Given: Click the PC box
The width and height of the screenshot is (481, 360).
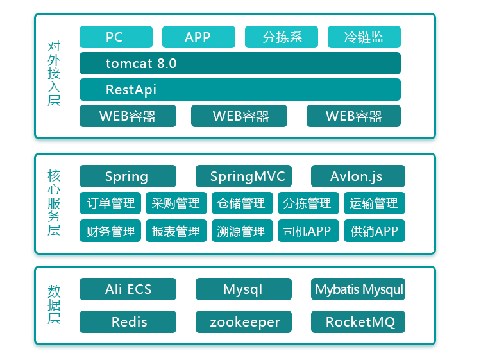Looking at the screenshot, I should (x=116, y=37).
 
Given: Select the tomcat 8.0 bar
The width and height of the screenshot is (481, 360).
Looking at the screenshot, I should (x=240, y=64).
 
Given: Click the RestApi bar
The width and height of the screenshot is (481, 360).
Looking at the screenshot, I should (x=240, y=90).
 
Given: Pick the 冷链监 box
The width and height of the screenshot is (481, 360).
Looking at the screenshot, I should (x=364, y=37).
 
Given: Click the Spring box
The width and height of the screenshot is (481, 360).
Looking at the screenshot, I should (x=128, y=176).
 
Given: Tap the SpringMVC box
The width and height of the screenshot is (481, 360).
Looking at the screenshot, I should (x=243, y=176).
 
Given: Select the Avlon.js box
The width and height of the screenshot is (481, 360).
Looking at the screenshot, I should (x=358, y=176).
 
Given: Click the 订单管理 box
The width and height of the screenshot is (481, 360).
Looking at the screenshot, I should (x=111, y=203).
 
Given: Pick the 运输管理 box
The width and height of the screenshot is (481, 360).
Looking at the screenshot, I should (x=375, y=203).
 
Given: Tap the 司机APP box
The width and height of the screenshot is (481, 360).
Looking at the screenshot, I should (x=308, y=231).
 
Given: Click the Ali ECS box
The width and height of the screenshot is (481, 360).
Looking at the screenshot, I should (x=128, y=289).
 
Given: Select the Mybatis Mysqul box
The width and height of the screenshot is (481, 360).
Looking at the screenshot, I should (x=358, y=289).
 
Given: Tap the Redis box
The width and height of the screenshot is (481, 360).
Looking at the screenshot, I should (x=128, y=321).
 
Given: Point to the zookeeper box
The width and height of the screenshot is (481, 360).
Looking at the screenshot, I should (x=243, y=321).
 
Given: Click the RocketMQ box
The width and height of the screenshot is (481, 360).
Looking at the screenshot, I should (x=358, y=321).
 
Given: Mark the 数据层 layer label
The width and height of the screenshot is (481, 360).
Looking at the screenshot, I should (x=54, y=304).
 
